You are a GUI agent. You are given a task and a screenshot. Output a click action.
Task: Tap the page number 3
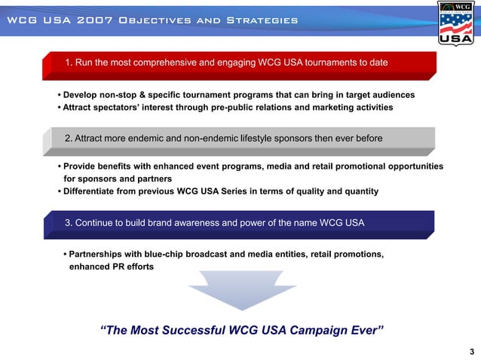pyautogui.click(x=471, y=352)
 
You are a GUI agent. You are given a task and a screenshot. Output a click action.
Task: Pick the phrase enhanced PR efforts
pyautogui.click(x=112, y=267)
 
